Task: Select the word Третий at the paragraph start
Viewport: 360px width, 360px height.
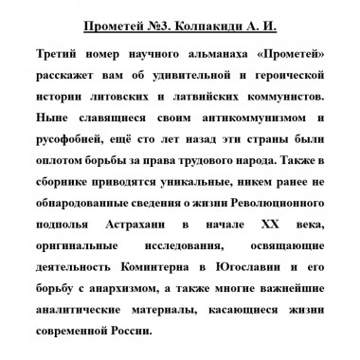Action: pos(66,57)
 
